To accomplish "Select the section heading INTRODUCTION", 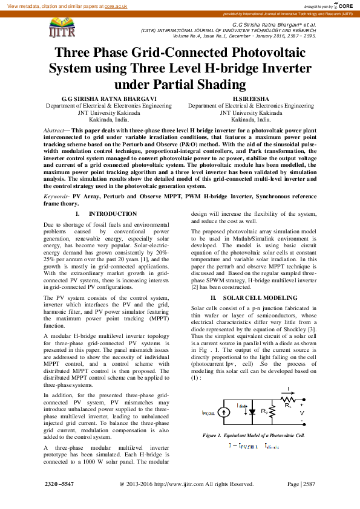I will pyautogui.click(x=113, y=214).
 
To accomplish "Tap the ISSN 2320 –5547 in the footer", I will pyautogui.click(x=60, y=484).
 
